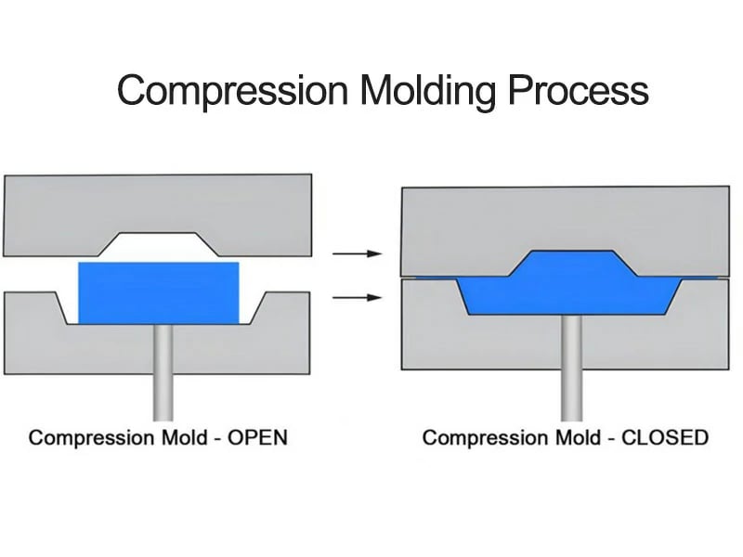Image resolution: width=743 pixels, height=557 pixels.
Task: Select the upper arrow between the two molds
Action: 357,253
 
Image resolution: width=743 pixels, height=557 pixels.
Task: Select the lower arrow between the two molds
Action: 357,298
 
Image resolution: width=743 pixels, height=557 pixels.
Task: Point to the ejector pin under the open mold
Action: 163,371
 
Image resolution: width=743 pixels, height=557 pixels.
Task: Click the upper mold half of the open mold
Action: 158,204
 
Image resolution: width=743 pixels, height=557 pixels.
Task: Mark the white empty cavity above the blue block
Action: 158,248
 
